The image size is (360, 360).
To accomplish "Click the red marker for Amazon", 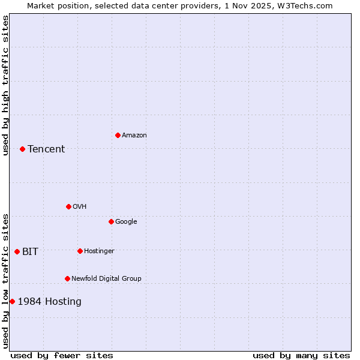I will tap(118, 135).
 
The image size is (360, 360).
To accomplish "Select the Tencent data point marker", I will tap(22, 149).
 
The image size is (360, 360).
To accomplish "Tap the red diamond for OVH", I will tap(68, 206).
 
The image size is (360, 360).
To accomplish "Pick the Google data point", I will tap(111, 221).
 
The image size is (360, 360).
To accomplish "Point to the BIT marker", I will tap(17, 251).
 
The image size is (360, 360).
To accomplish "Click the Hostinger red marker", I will tap(80, 251).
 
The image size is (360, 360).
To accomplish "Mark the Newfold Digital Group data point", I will tap(67, 278).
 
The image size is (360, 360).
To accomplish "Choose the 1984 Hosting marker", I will tap(12, 301).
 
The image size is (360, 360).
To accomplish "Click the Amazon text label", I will tap(134, 136).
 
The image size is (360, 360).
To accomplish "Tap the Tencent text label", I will tap(46, 149).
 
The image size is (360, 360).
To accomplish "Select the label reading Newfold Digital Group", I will tap(106, 278).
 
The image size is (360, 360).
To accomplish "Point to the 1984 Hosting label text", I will tap(49, 302).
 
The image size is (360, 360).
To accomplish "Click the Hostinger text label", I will tap(99, 251).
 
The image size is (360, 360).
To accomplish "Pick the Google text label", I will tap(126, 222).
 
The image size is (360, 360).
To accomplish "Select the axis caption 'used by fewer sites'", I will tap(62, 355).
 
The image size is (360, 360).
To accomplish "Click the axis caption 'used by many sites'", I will tap(301, 355).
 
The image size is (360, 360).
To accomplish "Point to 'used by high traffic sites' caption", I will tap(5, 85).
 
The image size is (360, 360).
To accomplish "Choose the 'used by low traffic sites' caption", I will tap(5, 281).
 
